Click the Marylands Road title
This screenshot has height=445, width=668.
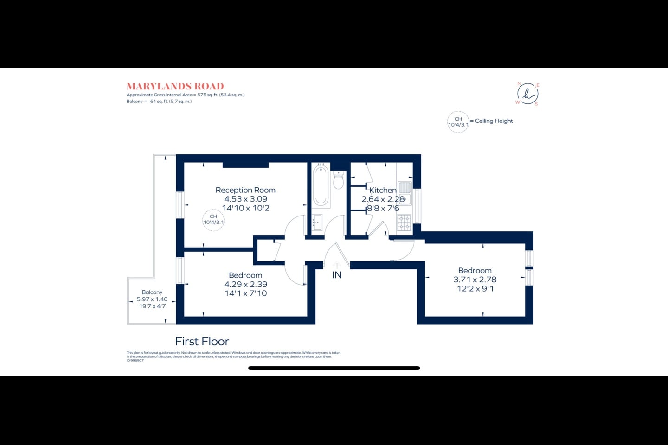(175, 86)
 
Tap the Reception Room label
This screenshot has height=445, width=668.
(245, 190)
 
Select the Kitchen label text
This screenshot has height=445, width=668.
(383, 190)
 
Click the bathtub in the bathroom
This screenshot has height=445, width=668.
(321, 185)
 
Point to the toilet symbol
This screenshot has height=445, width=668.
(338, 180)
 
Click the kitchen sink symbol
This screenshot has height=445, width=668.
(405, 188)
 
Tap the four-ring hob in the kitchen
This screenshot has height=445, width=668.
(404, 223)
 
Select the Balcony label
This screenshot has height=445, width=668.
(152, 292)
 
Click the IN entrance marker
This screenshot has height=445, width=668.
(337, 275)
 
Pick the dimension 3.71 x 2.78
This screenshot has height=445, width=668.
(475, 280)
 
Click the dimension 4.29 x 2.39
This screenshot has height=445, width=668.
(245, 284)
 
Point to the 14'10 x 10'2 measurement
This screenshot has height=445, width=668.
(245, 208)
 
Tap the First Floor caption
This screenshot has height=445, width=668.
(202, 342)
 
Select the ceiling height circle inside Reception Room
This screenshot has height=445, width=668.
(213, 220)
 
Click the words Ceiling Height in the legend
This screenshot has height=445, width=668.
(494, 121)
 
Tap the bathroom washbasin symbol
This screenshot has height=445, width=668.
(317, 222)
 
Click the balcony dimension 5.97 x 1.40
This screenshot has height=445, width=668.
(152, 299)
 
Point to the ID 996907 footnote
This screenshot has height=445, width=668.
(135, 361)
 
